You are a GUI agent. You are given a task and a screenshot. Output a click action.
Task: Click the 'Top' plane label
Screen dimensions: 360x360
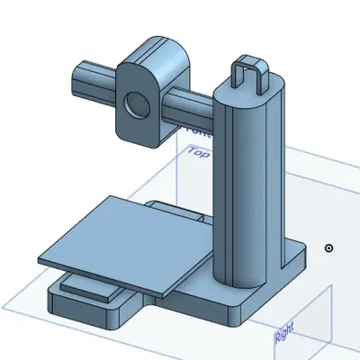(197, 154)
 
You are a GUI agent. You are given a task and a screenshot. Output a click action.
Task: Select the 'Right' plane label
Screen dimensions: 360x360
(283, 337)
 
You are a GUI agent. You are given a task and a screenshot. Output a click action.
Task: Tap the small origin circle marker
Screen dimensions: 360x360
(329, 247)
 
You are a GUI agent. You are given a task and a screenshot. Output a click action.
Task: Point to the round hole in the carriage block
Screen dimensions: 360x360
(136, 105)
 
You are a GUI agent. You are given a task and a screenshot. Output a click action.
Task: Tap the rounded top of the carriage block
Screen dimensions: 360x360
(153, 49)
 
